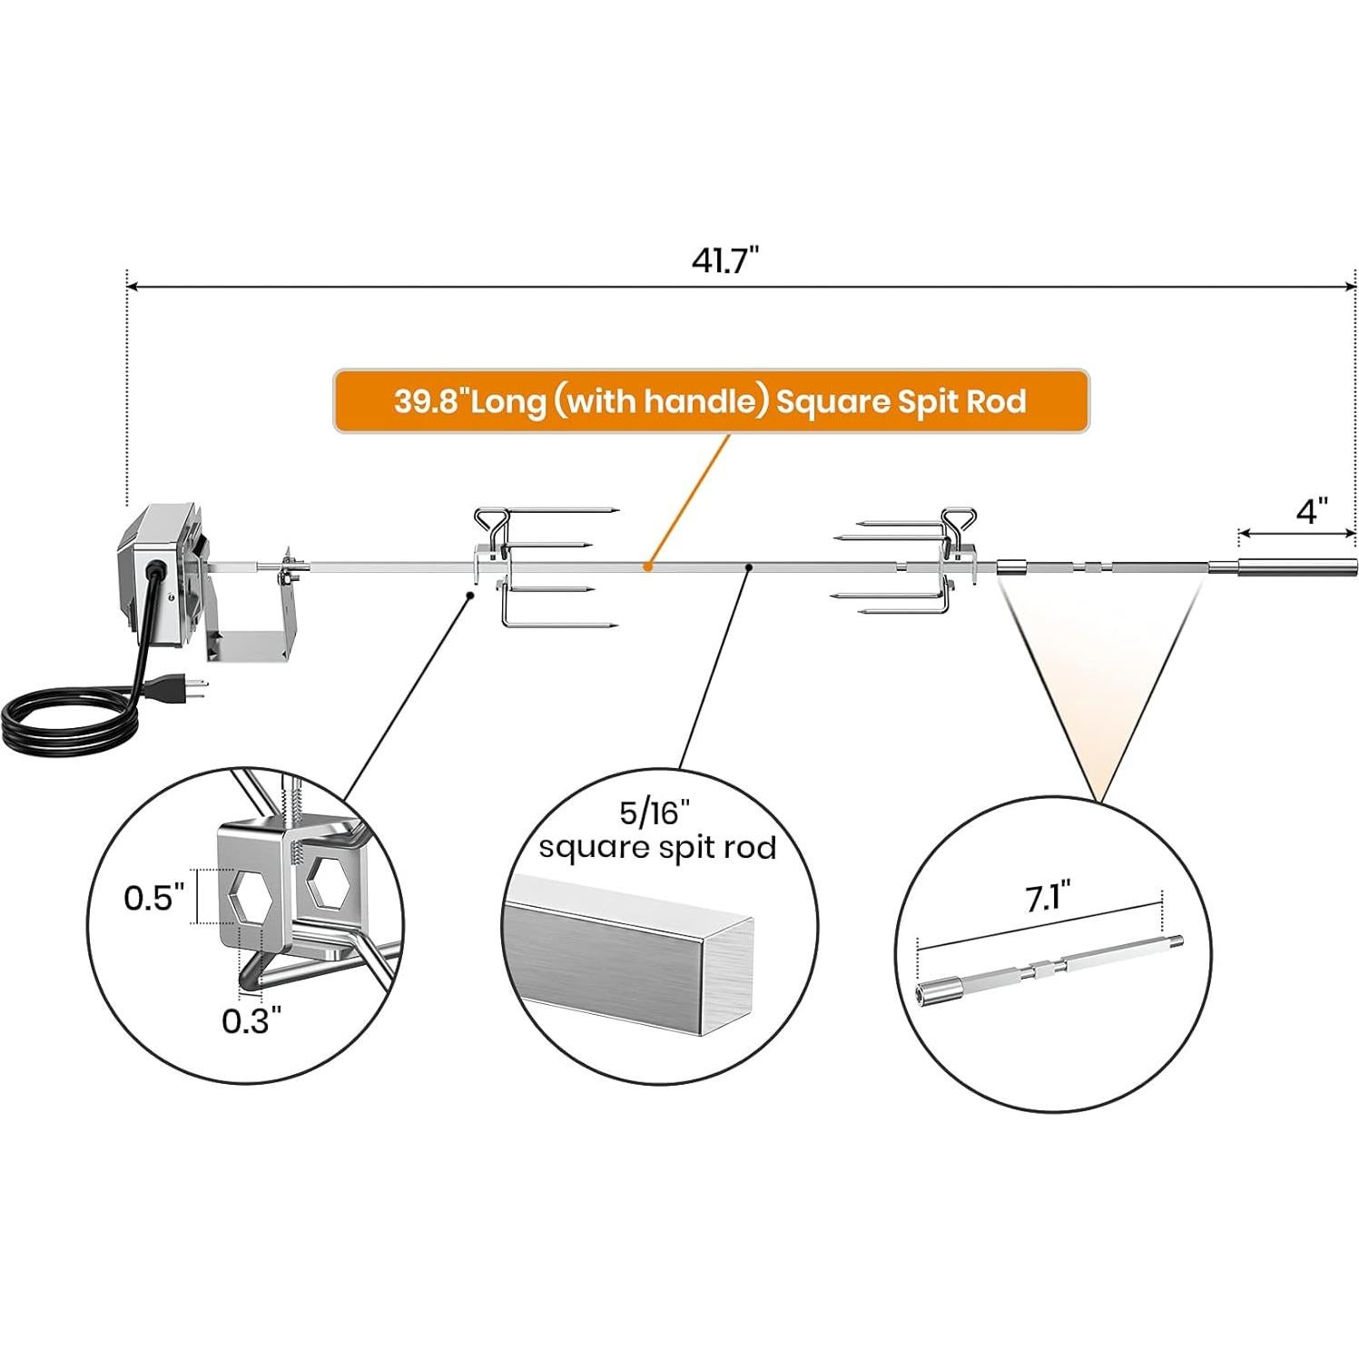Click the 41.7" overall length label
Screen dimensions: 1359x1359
[724, 261]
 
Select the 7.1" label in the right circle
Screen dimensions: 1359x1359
[1048, 899]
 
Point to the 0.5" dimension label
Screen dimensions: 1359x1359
[153, 898]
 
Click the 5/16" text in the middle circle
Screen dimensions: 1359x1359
[655, 812]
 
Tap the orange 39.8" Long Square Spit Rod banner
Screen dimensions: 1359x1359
[710, 400]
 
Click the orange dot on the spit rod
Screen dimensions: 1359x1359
[647, 566]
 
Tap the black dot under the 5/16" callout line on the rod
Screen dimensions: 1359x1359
[749, 566]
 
